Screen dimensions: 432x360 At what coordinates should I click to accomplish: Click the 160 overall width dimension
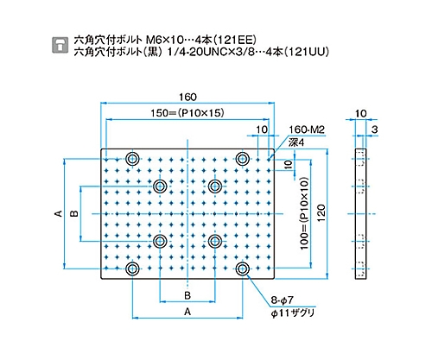pyautogui.click(x=187, y=97)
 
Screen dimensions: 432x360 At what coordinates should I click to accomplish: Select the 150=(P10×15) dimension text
pyautogui.click(x=187, y=113)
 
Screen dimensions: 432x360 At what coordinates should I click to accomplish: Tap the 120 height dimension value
pyautogui.click(x=321, y=212)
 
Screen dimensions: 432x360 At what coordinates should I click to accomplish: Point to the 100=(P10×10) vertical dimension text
pyautogui.click(x=304, y=213)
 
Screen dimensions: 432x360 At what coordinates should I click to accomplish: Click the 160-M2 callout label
pyautogui.click(x=307, y=129)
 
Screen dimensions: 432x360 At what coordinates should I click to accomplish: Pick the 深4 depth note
pyautogui.click(x=296, y=142)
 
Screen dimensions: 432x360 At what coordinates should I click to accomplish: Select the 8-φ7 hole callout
pyautogui.click(x=282, y=300)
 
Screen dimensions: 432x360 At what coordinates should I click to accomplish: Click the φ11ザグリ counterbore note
pyautogui.click(x=292, y=313)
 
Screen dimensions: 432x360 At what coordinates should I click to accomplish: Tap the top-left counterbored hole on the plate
pyautogui.click(x=132, y=158)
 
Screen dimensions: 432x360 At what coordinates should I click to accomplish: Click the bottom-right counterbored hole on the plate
pyautogui.click(x=243, y=268)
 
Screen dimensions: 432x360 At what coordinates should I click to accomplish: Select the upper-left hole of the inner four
pyautogui.click(x=160, y=186)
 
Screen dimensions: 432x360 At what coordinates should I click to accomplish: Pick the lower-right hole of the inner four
pyautogui.click(x=215, y=241)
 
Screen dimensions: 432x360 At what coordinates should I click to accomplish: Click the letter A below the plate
pyautogui.click(x=187, y=312)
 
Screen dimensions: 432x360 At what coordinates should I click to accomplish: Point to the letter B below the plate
pyautogui.click(x=187, y=295)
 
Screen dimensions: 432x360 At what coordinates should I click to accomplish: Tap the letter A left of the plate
pyautogui.click(x=59, y=213)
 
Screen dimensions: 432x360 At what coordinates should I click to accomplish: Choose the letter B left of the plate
pyautogui.click(x=74, y=213)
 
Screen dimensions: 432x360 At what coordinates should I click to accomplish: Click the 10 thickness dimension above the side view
pyautogui.click(x=360, y=113)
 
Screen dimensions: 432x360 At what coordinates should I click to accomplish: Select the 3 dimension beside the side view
pyautogui.click(x=374, y=129)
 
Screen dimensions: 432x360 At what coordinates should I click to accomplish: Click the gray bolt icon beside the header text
pyautogui.click(x=60, y=45)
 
